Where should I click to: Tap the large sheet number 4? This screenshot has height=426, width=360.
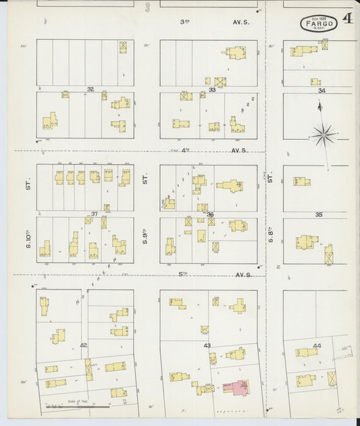pos(348,19)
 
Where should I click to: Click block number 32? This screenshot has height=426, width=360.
pos(90,89)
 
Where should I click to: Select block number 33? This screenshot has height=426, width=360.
pos(212,89)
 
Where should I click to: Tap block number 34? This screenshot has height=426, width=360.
pos(322,90)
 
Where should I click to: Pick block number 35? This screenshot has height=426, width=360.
pos(319,214)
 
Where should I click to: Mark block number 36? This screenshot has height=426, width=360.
pos(211,215)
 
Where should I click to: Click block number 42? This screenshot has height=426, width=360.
pos(84,345)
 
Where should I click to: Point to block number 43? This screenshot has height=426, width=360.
pos(207,346)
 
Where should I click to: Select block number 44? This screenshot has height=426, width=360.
pos(317,345)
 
